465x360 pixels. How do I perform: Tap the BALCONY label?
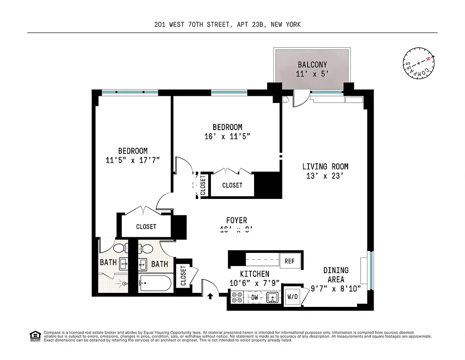(x=312, y=65)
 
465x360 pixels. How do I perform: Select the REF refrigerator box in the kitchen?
(x=289, y=261)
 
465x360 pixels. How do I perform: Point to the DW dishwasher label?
(x=254, y=297)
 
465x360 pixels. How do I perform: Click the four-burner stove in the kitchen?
(x=237, y=298)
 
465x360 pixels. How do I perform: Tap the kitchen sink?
(x=273, y=297)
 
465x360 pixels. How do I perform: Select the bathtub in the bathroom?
(x=155, y=283)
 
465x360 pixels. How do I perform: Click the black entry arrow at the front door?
(x=210, y=296)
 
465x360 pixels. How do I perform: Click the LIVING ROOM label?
(x=325, y=166)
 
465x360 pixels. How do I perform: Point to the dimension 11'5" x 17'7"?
(x=133, y=160)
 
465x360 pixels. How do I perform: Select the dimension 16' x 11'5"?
(x=227, y=136)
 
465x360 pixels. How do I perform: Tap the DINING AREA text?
(x=336, y=274)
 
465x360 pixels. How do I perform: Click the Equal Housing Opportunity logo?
(x=35, y=336)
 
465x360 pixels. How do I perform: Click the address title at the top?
(x=227, y=25)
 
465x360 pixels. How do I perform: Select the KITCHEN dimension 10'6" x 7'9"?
(x=255, y=283)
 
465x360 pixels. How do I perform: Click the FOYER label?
(x=237, y=220)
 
